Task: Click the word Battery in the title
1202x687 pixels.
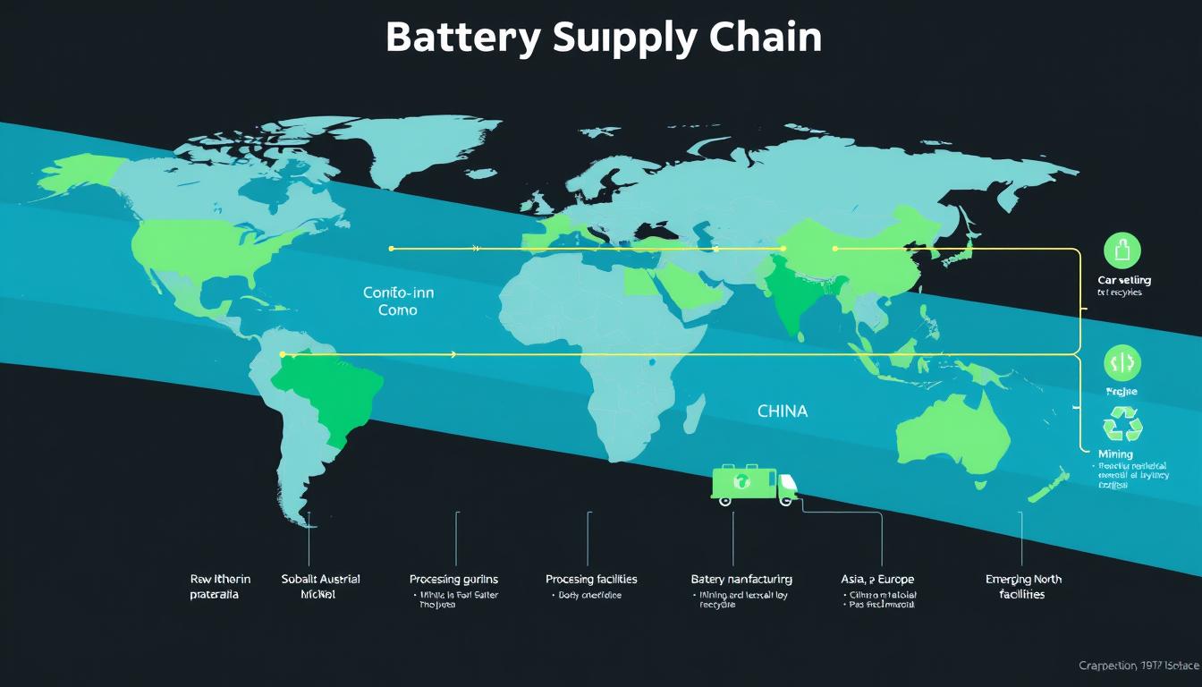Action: [x=461, y=38]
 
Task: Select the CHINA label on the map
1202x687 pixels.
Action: [x=782, y=411]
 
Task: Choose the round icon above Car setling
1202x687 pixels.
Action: [x=1122, y=250]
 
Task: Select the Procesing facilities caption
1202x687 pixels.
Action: [x=591, y=580]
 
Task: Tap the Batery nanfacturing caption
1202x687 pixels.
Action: [x=741, y=580]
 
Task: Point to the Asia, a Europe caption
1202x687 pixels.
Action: [x=877, y=580]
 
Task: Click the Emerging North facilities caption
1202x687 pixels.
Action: [x=1023, y=587]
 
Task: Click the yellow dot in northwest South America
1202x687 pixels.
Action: [x=282, y=354]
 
